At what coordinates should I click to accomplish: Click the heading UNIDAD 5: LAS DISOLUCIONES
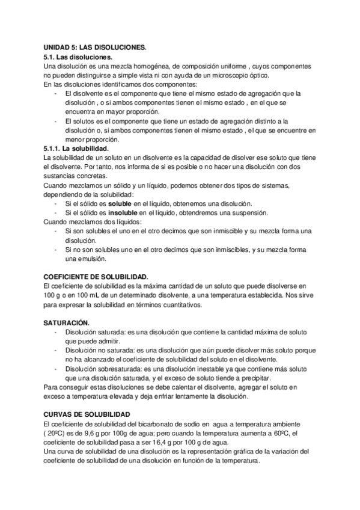[95, 46]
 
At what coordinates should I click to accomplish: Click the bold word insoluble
[114, 213]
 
